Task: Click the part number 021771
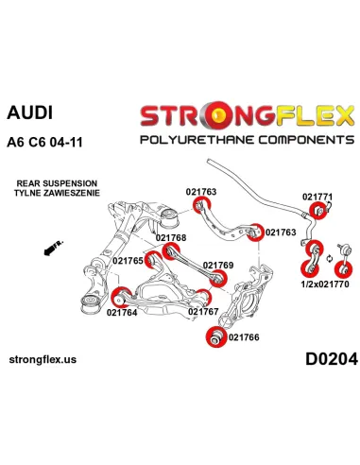coord(317,197)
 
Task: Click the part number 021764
coord(124,312)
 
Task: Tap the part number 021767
coord(203,311)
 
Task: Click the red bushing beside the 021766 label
coord(214,336)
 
